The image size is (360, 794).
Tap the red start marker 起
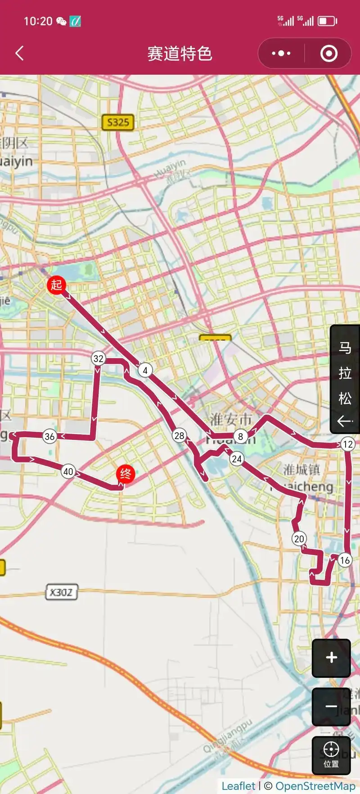(x=56, y=285)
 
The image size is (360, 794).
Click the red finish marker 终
(x=125, y=474)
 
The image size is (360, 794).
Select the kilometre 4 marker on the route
(x=145, y=370)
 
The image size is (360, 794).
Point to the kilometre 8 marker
(x=241, y=436)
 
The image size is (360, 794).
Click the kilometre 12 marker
(x=348, y=444)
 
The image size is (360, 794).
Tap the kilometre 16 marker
(x=345, y=560)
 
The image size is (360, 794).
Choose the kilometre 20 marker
(x=299, y=538)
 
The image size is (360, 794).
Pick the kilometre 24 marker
(x=236, y=459)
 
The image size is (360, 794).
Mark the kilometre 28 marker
(x=179, y=435)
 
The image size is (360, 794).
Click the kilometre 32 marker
(x=98, y=359)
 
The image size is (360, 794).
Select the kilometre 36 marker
(x=49, y=436)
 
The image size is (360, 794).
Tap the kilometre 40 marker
(x=68, y=471)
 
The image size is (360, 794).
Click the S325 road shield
(x=118, y=122)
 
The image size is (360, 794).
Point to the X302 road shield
(x=61, y=592)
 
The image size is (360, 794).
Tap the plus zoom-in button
(x=331, y=658)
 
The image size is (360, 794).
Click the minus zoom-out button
(x=331, y=706)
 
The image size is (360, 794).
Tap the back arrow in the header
(x=19, y=54)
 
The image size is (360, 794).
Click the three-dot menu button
(x=281, y=54)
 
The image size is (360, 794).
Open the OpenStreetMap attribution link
(x=315, y=786)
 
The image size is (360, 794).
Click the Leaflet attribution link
(x=238, y=786)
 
